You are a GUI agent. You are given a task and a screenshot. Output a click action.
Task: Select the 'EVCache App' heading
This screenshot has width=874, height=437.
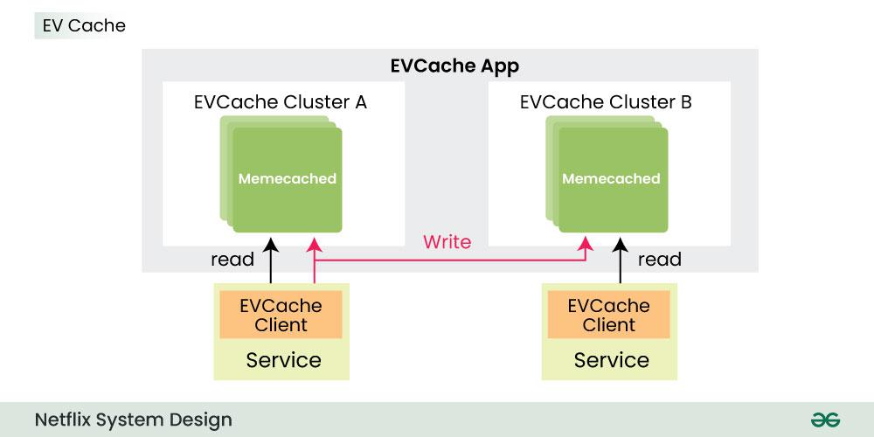[x=454, y=66]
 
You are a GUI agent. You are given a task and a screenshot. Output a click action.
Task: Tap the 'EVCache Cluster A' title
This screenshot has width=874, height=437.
[x=280, y=101]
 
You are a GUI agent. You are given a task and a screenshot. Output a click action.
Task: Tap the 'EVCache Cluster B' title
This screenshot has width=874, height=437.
[x=606, y=101]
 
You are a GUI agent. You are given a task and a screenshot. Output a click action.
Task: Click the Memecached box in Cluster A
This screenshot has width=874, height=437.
[x=288, y=178]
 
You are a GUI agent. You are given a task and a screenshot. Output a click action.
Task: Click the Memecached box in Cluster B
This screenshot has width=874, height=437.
[x=611, y=178]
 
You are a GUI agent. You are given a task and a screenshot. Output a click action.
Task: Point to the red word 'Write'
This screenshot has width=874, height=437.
[x=447, y=242]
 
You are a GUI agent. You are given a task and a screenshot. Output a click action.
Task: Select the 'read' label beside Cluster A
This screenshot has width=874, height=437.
[x=232, y=259]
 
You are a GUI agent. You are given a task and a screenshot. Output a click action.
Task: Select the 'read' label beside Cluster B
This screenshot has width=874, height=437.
[x=660, y=259]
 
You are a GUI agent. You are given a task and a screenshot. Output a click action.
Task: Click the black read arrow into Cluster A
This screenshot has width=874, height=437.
[x=271, y=262]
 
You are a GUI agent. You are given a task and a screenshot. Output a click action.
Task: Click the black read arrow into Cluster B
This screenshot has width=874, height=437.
[x=621, y=262]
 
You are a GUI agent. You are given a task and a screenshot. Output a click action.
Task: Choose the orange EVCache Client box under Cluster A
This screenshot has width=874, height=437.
[x=281, y=315]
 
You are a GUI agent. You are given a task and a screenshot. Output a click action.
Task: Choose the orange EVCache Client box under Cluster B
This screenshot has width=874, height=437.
[x=608, y=315]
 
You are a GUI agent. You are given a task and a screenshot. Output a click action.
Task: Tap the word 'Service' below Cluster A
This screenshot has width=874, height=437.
[x=283, y=360]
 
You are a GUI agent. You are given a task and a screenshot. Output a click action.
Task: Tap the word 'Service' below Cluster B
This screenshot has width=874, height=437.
[x=611, y=360]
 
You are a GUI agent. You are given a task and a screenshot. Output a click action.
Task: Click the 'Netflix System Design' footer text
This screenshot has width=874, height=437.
[x=134, y=420]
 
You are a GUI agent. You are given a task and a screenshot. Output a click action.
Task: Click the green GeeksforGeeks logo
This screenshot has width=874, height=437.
[x=825, y=420]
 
